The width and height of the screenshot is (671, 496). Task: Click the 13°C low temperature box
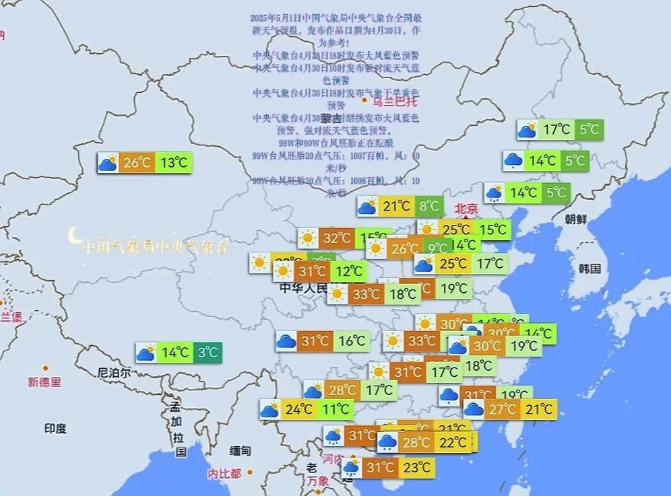[x=174, y=162]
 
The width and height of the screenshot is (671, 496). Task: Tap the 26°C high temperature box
[x=137, y=162]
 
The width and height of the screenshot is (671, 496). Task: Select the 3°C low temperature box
[x=207, y=352]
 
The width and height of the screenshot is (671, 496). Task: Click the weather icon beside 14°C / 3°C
[x=146, y=352]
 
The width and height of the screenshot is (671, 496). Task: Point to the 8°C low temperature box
[x=428, y=206]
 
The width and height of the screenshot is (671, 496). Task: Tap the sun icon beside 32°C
[x=309, y=238]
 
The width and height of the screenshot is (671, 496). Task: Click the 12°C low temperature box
[x=349, y=271]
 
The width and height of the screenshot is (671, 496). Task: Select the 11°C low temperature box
[x=335, y=409]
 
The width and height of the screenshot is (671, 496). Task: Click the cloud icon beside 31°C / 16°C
[x=286, y=341]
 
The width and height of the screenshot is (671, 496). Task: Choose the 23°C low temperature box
[x=416, y=467]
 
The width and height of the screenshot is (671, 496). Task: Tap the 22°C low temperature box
[x=453, y=441]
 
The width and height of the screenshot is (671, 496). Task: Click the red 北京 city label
[x=466, y=209]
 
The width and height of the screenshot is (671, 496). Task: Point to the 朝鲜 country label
[x=576, y=219]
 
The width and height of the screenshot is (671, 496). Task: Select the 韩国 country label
[x=589, y=269]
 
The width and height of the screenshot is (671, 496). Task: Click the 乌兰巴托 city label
[x=395, y=102]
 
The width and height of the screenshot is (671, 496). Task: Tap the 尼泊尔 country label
[x=114, y=372]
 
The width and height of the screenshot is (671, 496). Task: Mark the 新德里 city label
[x=44, y=382]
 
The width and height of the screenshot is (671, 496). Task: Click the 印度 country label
[x=55, y=428]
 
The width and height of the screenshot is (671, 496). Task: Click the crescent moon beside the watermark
[x=73, y=236]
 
